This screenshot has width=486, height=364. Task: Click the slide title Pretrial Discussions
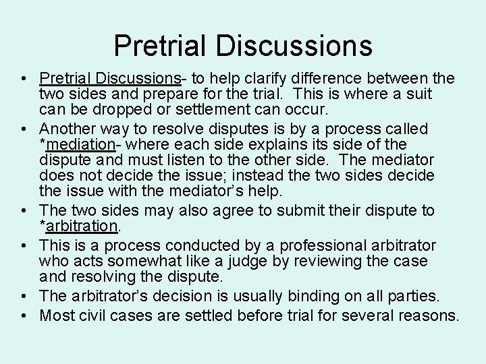243,46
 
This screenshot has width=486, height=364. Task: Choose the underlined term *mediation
78,144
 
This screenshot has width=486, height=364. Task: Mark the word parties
414,295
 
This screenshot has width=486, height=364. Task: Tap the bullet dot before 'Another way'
25,128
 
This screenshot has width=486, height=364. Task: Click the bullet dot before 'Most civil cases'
25,314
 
